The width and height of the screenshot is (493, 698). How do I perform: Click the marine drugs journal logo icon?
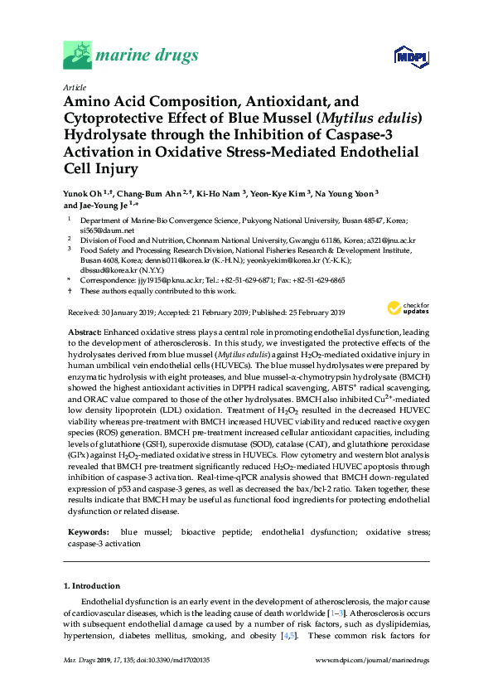tap(77, 56)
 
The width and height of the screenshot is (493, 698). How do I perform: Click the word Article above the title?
tap(75, 86)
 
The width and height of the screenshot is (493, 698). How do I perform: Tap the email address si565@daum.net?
tap(99, 229)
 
